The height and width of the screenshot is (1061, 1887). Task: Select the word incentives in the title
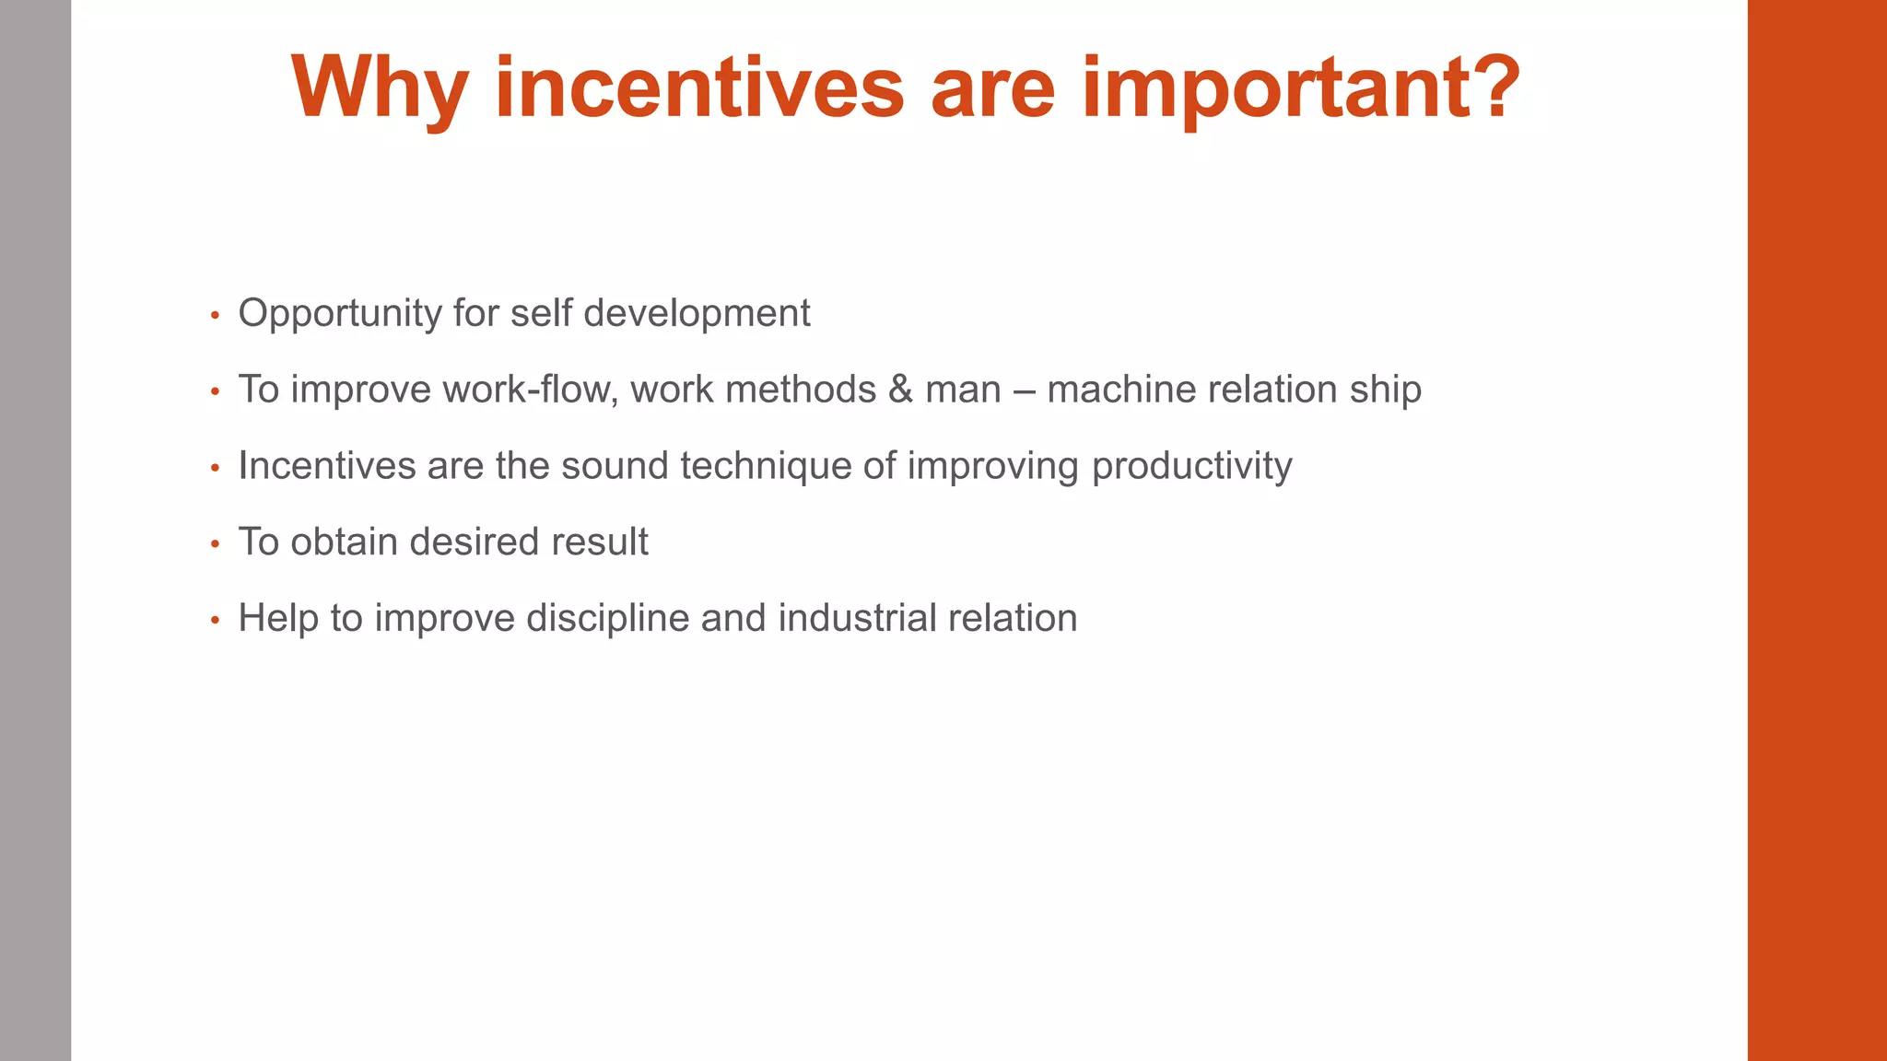(699, 87)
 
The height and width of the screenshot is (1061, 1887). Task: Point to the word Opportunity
(340, 314)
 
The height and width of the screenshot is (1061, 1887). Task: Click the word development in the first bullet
(697, 314)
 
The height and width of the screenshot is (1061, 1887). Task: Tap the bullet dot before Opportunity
(215, 316)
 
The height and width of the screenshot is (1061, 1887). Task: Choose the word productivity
(1191, 466)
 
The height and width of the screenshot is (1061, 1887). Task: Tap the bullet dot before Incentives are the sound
(215, 469)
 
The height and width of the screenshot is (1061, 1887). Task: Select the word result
(600, 542)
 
